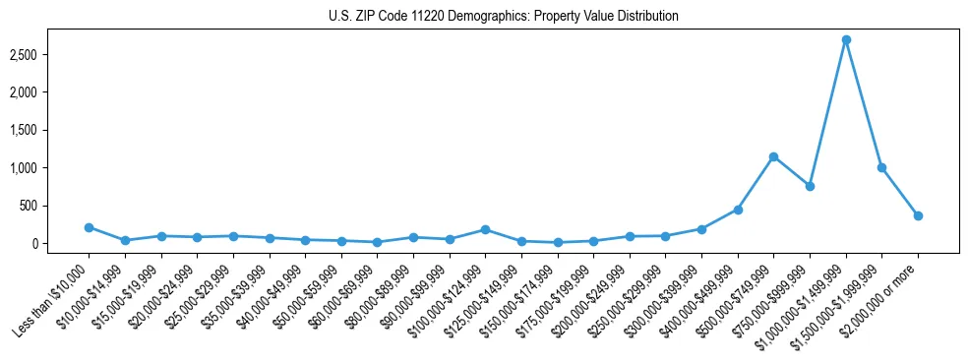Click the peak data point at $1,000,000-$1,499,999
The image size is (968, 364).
[846, 40]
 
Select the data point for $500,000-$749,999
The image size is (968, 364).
[774, 156]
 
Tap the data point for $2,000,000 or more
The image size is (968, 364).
[918, 215]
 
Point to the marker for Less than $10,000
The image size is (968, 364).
[89, 227]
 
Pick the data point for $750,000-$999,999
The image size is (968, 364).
[810, 186]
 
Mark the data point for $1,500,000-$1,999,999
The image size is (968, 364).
[881, 167]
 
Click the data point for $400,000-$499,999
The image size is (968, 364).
[738, 210]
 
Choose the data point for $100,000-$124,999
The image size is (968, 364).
[485, 229]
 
